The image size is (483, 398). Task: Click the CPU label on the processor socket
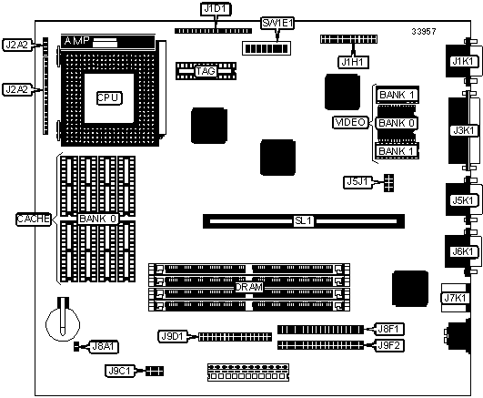[109, 97]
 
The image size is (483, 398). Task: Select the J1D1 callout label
[216, 9]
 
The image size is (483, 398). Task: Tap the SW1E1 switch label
[277, 23]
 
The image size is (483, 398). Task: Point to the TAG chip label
[206, 71]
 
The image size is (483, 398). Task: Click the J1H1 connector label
[353, 62]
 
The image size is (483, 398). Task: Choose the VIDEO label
[350, 122]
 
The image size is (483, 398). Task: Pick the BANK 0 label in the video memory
[397, 123]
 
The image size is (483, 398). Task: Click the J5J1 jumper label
[357, 182]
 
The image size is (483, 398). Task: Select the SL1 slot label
[304, 221]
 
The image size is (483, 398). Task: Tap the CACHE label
[34, 219]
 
